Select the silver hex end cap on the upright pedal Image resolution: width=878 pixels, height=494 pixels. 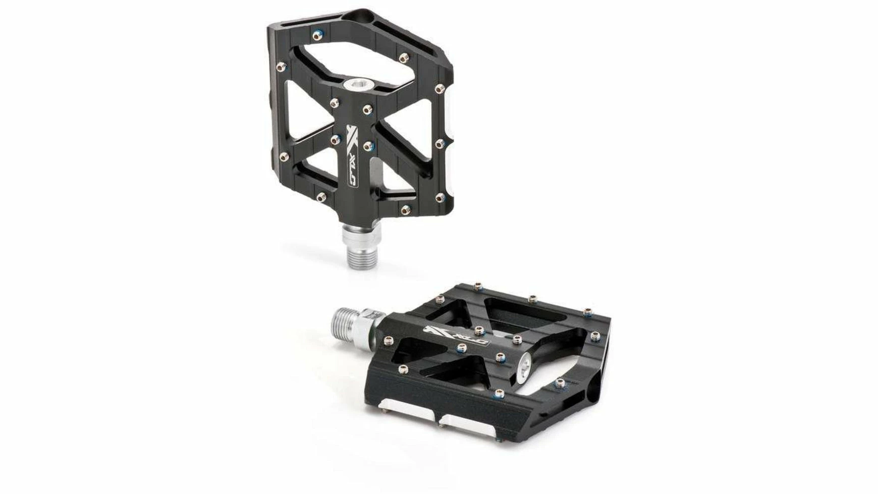(360, 83)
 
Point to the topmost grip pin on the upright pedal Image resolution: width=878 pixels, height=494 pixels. (316, 35)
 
